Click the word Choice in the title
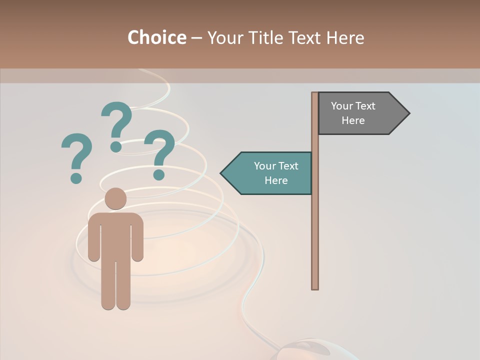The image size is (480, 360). pos(156,37)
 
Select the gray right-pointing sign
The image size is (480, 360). pos(360,113)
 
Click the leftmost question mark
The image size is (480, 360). pos(76,156)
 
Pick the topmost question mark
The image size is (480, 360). pos(116,125)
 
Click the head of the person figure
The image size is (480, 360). pos(115,198)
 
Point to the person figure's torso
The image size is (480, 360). pos(115,235)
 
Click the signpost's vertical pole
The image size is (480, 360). pos(315,225)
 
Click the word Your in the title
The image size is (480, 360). pos(223,37)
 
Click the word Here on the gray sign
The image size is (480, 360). pos(353,120)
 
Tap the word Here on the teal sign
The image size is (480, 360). pos(276,180)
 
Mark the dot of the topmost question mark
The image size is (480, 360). pos(116,146)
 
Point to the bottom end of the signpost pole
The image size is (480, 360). pos(315,287)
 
